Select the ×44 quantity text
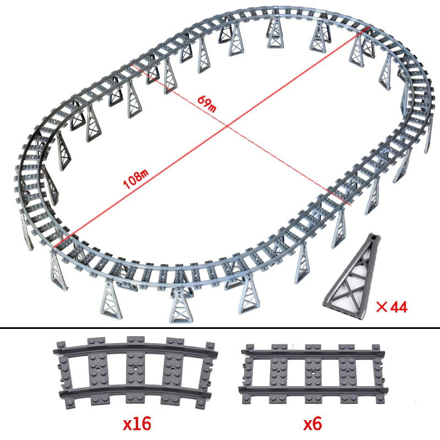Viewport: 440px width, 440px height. tap(391, 307)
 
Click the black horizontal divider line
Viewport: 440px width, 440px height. tap(220, 328)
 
